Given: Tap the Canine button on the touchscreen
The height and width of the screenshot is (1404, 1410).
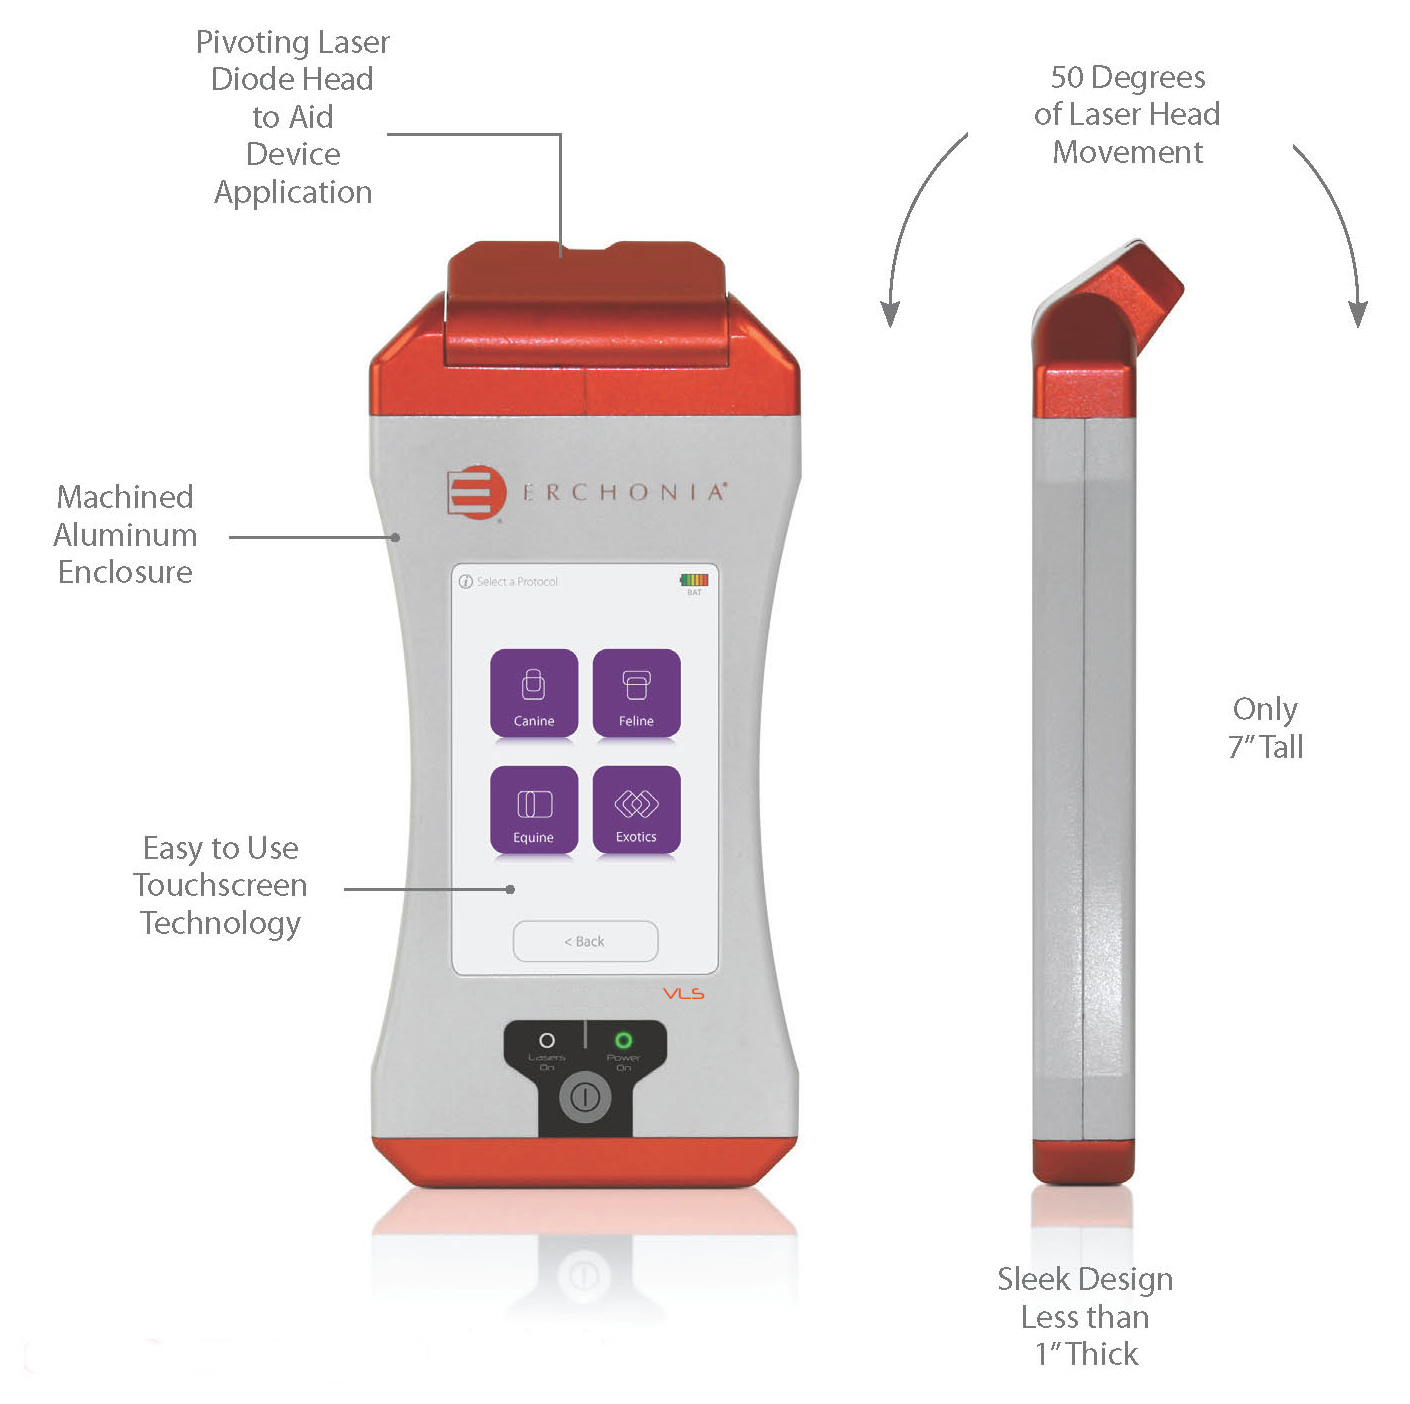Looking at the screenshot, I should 534,694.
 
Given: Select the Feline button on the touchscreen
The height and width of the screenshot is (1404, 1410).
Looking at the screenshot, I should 636,694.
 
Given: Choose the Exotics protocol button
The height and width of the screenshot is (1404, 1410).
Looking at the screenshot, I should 636,810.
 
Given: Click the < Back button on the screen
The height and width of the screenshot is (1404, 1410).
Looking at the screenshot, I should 585,941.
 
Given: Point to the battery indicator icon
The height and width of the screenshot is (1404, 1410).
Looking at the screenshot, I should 694,580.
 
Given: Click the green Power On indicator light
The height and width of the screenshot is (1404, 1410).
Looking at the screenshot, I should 623,1041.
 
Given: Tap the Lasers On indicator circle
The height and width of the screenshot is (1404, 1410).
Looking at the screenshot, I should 547,1041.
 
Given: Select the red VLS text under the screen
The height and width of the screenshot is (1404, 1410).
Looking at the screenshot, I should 684,994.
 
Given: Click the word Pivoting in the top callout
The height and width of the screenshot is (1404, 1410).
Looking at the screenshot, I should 251,43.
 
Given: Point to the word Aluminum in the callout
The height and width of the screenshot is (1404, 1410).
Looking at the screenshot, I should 125,535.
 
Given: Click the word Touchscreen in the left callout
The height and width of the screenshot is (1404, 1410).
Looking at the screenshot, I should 220,886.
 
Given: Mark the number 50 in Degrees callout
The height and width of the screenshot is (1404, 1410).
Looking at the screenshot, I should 1067,78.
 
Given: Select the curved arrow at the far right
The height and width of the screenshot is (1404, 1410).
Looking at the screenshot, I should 1336,229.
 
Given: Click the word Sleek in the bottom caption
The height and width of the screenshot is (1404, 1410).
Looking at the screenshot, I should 1034,1280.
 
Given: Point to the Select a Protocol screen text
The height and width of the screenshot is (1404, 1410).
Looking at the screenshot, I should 516,582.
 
